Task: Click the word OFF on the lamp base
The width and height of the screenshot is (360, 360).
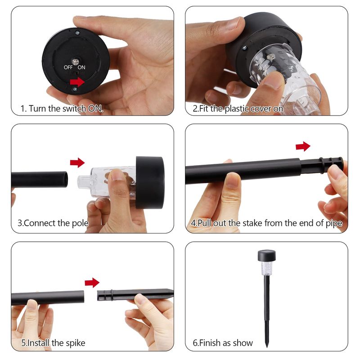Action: tap(68, 67)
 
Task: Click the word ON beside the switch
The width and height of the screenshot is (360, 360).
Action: tap(81, 67)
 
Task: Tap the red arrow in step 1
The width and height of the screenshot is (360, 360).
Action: tap(77, 82)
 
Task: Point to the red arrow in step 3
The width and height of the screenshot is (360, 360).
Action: tap(77, 162)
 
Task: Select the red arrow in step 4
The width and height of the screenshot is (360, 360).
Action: tap(303, 146)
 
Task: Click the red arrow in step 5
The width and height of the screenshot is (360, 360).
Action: tap(92, 283)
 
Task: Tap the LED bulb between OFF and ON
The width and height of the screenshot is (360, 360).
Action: tap(75, 62)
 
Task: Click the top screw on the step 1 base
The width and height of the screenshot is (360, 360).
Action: tap(77, 33)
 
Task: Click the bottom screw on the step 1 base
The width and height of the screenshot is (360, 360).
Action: tap(75, 89)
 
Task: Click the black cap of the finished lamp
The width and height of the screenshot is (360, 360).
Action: tap(266, 256)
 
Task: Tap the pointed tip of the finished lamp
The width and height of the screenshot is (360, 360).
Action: tap(266, 346)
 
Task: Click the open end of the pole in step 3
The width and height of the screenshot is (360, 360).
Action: tap(65, 179)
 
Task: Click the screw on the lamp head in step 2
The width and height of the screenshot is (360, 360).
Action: tap(244, 48)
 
